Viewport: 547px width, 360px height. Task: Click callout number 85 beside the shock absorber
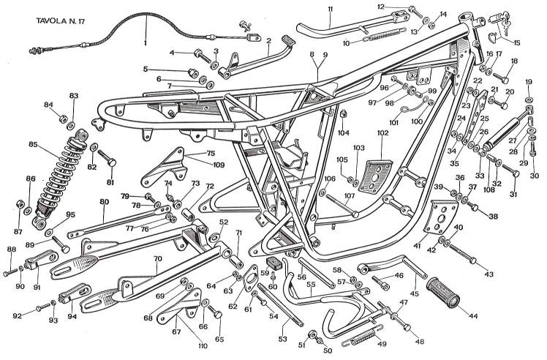pyautogui.click(x=32, y=144)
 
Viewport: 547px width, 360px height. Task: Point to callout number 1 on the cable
pyautogui.click(x=145, y=42)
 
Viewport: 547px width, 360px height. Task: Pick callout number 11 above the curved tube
pyautogui.click(x=331, y=9)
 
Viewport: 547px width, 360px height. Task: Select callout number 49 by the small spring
pyautogui.click(x=381, y=344)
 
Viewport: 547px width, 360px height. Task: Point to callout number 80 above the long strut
pyautogui.click(x=104, y=201)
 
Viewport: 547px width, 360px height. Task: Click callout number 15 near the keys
pyautogui.click(x=518, y=42)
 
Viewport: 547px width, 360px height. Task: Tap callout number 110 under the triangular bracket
pyautogui.click(x=202, y=345)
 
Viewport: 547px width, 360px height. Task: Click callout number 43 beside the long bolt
pyautogui.click(x=489, y=274)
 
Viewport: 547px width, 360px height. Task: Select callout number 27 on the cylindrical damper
pyautogui.click(x=511, y=140)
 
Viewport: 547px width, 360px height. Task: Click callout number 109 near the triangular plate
pyautogui.click(x=219, y=164)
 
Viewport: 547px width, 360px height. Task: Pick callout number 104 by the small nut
pyautogui.click(x=344, y=133)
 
